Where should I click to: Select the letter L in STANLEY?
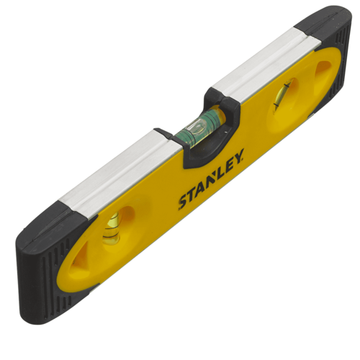point(220,171)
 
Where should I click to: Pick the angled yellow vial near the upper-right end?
point(283,94)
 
